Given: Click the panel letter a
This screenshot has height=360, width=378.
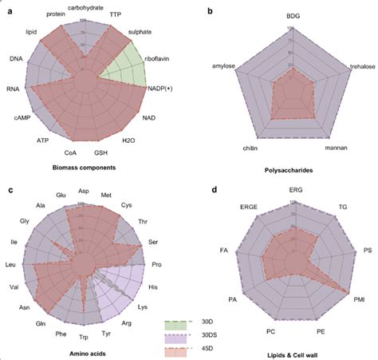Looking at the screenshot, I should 8,10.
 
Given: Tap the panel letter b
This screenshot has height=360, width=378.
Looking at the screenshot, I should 209,10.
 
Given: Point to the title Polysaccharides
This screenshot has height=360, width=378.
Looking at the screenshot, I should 292,170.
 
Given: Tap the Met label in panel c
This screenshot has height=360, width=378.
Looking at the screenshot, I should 106,194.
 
